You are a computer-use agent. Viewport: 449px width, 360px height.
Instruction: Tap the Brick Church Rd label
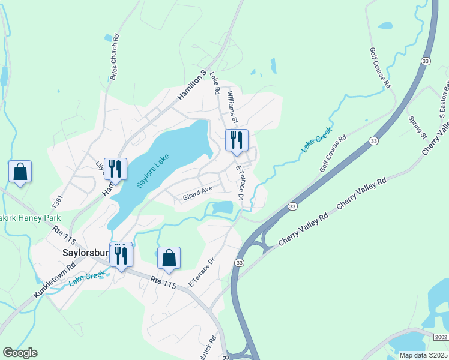[114, 57]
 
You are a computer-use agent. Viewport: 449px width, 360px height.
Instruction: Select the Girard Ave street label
[198, 190]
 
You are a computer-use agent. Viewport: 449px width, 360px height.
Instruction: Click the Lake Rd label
[214, 85]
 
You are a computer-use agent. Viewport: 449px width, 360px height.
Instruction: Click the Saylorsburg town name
[86, 253]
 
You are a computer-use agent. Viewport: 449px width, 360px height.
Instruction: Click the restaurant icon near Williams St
[236, 140]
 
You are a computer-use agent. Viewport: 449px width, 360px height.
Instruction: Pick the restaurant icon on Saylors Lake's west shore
[114, 169]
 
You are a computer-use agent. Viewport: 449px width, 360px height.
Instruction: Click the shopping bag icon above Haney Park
[20, 172]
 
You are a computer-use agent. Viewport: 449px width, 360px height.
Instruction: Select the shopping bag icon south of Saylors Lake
[169, 258]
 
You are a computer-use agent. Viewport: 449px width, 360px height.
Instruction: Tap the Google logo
[20, 352]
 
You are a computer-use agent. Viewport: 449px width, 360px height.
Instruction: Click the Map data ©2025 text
[423, 355]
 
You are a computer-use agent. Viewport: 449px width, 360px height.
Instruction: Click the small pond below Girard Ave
[222, 208]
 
